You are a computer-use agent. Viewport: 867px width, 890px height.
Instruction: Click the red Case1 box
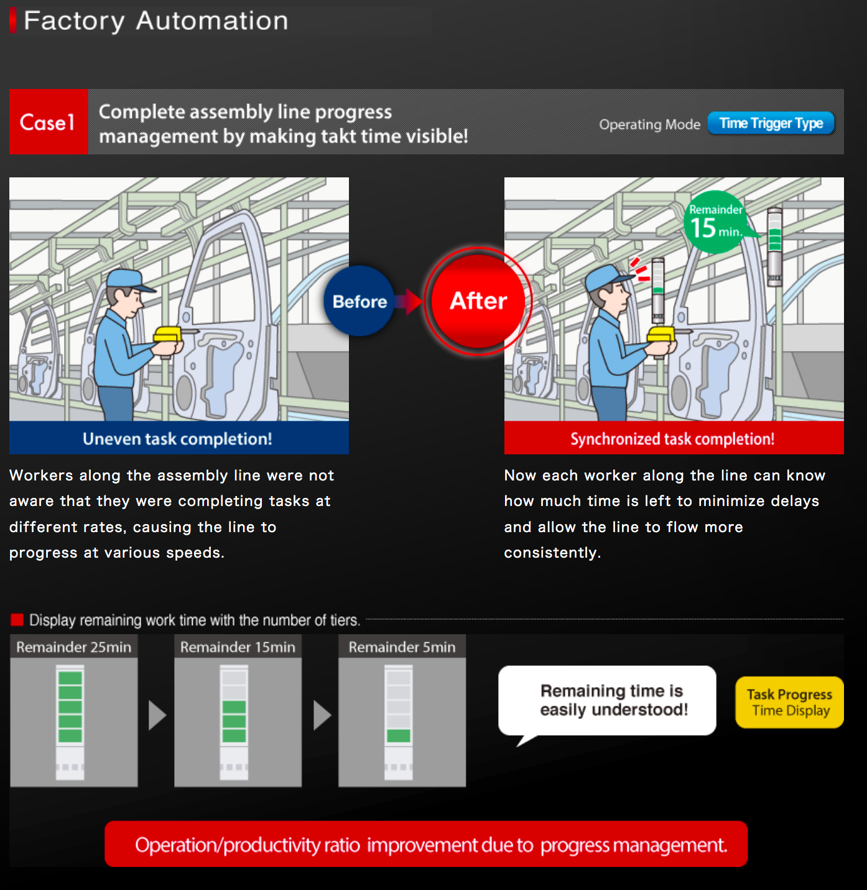[49, 121]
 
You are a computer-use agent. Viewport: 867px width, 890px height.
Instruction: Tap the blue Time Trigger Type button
[771, 123]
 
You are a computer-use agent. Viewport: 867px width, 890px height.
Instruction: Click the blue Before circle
[359, 301]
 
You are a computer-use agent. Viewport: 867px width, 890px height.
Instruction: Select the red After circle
[478, 301]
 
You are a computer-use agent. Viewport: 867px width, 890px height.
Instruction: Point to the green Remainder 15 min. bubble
[716, 222]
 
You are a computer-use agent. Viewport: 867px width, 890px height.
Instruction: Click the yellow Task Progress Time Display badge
[789, 702]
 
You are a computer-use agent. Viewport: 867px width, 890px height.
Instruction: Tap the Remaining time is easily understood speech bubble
[607, 701]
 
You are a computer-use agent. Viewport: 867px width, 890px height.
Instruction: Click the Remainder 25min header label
[74, 647]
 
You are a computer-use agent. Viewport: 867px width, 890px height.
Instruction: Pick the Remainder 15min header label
[238, 647]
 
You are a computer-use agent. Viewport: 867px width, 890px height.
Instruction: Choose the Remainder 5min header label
[402, 647]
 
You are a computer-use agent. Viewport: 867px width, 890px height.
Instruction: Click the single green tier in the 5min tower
[399, 736]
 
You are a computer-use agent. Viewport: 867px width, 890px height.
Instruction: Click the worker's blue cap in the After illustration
[604, 276]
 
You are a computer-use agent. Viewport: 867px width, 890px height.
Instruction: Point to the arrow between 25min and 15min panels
[157, 715]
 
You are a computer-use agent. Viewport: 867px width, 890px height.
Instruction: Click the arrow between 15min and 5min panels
[322, 715]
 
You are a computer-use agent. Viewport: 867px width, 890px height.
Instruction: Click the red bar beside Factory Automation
[13, 21]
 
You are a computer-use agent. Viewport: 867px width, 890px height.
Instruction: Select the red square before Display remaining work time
[17, 620]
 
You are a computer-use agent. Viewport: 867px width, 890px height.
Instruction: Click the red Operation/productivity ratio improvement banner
[426, 844]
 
